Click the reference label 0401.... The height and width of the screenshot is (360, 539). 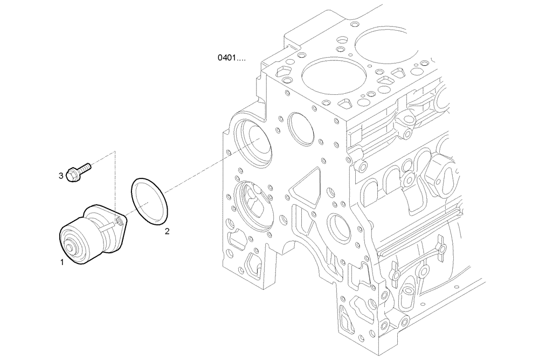231,57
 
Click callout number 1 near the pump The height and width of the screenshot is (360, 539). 62,262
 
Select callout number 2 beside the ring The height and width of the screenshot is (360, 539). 167,232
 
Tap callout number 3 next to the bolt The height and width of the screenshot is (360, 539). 61,175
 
